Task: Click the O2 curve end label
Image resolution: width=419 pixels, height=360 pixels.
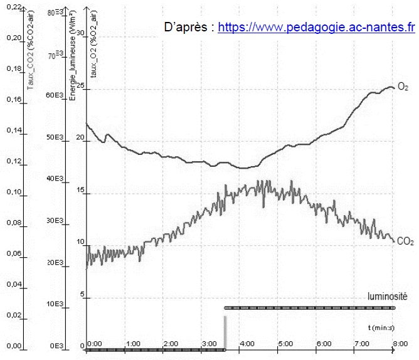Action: point(403,87)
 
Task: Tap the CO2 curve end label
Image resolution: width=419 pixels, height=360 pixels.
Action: point(405,240)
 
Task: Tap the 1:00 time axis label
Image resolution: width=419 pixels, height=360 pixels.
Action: point(133,344)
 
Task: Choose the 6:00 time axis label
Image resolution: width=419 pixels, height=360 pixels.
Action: point(324,344)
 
